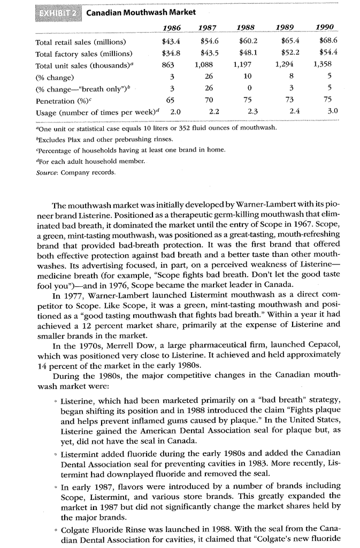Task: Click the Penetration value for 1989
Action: pyautogui.click(x=289, y=100)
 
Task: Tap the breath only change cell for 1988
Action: pyautogui.click(x=250, y=88)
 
